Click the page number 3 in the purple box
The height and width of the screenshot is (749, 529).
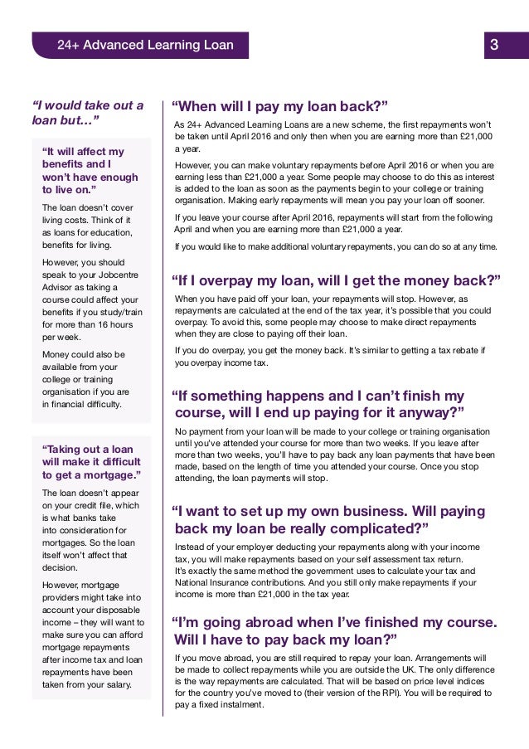pos(494,45)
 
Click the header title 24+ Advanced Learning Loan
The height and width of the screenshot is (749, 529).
pos(145,45)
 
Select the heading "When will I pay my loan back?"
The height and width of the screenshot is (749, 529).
pos(279,106)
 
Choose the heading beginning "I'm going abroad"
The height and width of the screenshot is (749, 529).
pos(333,630)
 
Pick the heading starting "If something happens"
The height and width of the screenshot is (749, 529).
pos(318,404)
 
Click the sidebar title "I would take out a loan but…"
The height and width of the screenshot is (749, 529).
pos(86,113)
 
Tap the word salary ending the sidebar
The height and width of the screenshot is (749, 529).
pos(113,684)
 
